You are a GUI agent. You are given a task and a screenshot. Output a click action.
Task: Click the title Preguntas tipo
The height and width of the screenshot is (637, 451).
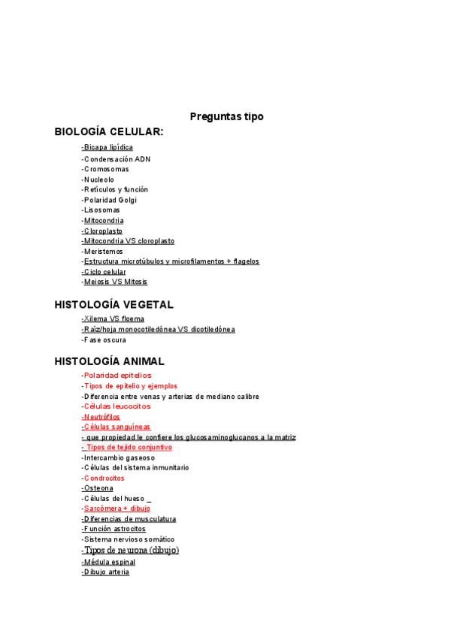tap(226, 116)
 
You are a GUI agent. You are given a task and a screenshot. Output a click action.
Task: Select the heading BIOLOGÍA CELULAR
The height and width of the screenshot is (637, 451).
tap(109, 131)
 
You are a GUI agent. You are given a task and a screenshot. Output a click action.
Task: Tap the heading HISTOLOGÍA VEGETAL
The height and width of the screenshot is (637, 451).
tap(114, 304)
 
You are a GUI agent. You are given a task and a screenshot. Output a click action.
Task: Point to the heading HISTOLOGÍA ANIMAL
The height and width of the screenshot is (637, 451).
tap(110, 361)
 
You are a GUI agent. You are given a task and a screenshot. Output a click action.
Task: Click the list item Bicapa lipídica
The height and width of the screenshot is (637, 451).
tap(107, 147)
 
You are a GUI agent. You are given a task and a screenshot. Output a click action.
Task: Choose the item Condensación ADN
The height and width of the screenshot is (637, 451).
tap(117, 159)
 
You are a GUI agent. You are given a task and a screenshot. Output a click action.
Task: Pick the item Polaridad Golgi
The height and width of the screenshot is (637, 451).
tap(110, 200)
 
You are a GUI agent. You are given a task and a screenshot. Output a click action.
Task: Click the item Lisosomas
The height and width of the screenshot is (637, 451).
tap(101, 210)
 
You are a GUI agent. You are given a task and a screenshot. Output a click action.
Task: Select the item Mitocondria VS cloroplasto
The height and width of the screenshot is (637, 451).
tap(129, 241)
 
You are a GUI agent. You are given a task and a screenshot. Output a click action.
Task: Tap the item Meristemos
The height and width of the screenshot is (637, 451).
tap(103, 251)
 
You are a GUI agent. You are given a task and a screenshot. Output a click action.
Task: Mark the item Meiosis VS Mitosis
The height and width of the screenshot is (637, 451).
tap(115, 282)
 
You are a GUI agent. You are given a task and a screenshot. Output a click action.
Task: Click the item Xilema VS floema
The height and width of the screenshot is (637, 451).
tap(114, 318)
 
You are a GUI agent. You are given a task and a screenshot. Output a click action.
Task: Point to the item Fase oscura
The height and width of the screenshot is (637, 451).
tap(104, 340)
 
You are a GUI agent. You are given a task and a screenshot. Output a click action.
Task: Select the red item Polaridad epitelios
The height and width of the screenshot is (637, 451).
tap(117, 375)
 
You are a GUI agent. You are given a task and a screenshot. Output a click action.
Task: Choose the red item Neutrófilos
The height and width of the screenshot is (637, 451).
tap(101, 416)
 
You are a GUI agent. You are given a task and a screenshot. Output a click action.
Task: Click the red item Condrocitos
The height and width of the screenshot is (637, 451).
tap(104, 478)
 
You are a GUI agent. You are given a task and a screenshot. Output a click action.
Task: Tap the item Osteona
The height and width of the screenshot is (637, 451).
tap(98, 488)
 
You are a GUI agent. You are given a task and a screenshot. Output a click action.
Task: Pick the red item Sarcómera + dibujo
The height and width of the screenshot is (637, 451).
tap(117, 509)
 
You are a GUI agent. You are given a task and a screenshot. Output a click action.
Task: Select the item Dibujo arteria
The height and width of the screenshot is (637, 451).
tap(106, 572)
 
